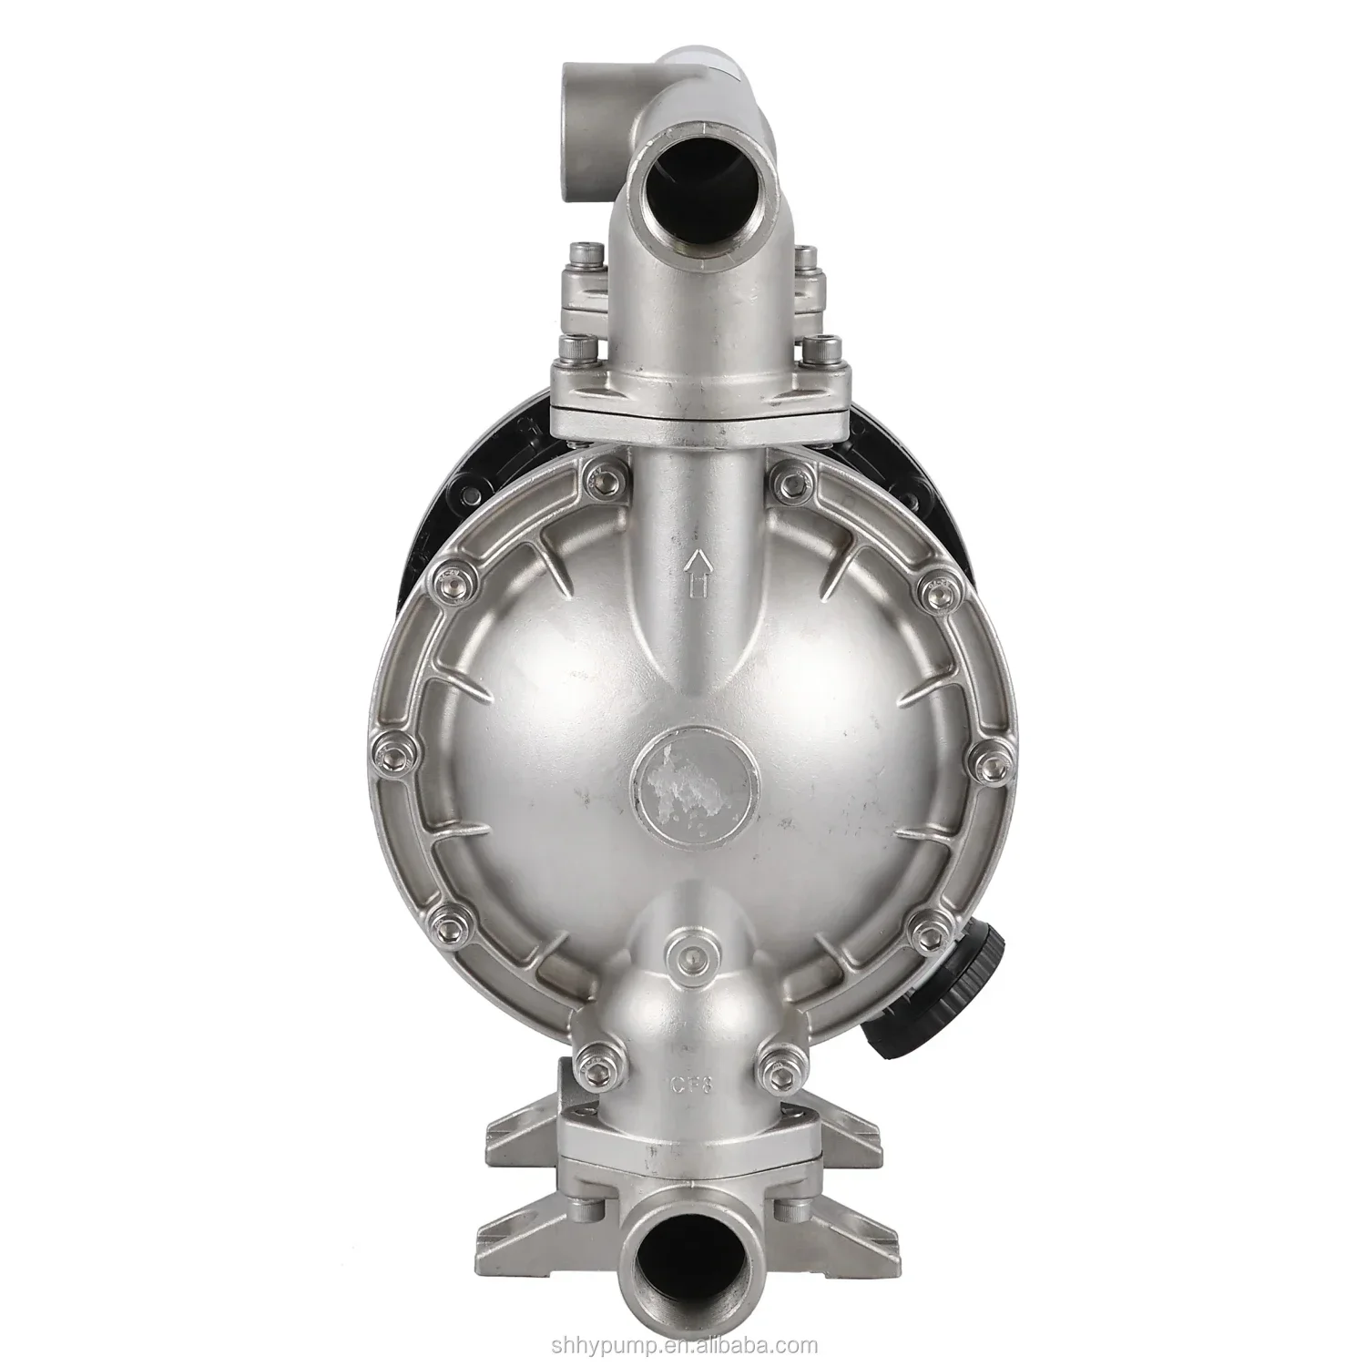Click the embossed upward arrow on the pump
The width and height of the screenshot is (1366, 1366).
tap(697, 575)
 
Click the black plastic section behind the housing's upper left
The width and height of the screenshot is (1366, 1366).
tap(455, 492)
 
